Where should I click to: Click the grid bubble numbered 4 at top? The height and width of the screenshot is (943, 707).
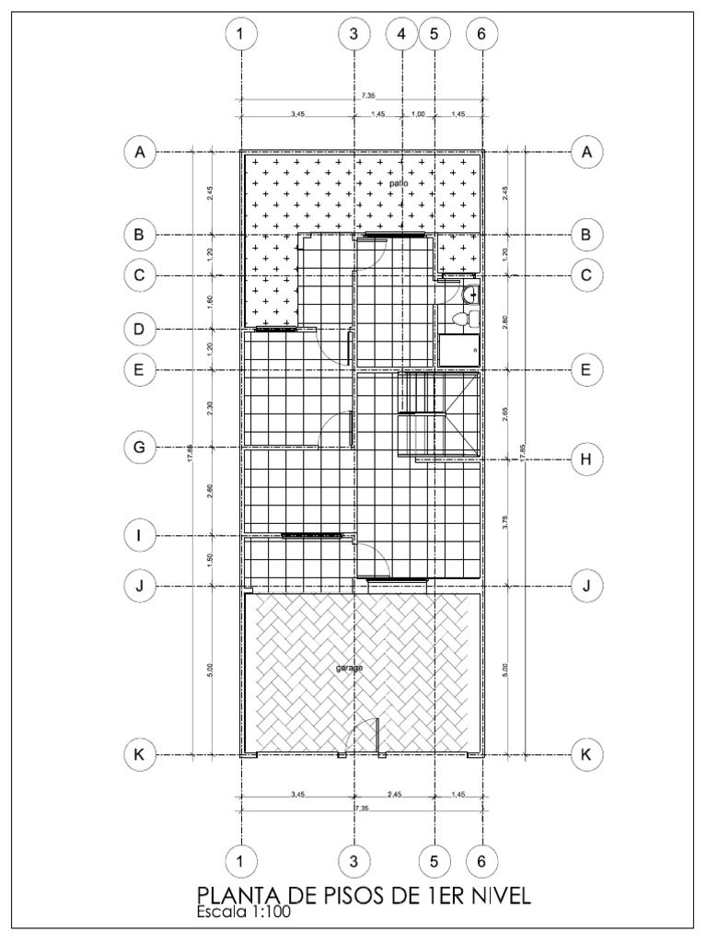pos(401,33)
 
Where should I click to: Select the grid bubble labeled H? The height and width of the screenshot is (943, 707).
pos(585,459)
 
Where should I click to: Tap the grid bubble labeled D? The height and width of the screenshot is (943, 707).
pos(139,329)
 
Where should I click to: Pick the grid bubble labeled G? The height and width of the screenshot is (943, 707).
pos(139,448)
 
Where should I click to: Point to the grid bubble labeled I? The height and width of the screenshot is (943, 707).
pos(139,535)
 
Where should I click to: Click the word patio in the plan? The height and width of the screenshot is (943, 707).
pos(398,183)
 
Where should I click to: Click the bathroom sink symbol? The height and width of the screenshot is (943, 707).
pos(470,295)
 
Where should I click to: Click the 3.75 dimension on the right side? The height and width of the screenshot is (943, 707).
pos(504,521)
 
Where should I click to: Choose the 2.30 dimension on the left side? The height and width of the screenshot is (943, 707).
pos(211,408)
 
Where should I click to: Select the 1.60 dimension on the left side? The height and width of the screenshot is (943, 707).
pos(211,302)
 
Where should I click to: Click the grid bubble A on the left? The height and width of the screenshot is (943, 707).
pos(139,153)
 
